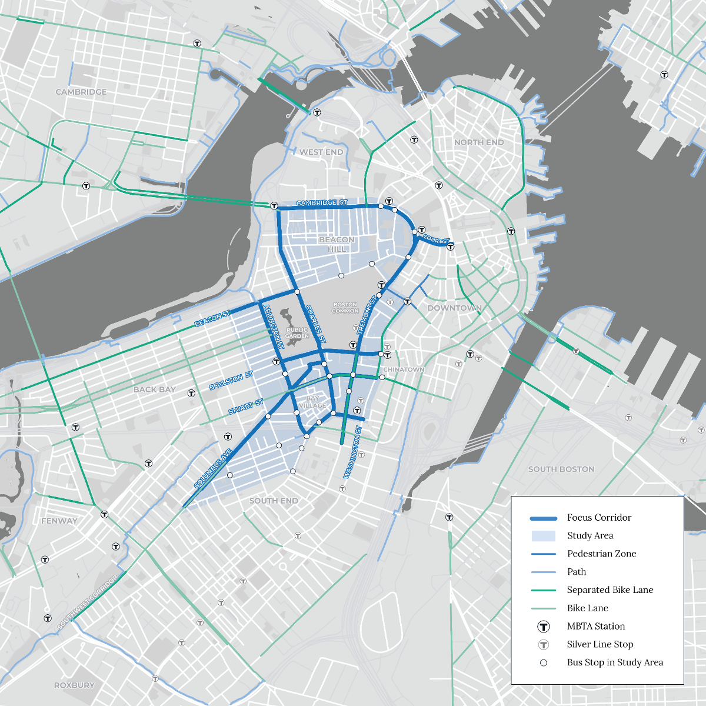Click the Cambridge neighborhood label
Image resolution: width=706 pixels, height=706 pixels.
click(81, 92)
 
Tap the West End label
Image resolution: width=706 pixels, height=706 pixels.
click(321, 152)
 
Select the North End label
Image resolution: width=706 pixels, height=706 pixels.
click(479, 142)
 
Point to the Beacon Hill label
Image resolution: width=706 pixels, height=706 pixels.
click(337, 244)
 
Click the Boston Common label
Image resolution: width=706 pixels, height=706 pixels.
click(345, 308)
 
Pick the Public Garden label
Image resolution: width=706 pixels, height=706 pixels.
click(297, 333)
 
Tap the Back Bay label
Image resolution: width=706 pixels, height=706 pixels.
click(154, 389)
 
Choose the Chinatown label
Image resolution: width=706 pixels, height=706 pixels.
click(404, 369)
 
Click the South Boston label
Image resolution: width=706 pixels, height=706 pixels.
click(561, 469)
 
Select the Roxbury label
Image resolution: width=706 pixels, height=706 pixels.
click(74, 685)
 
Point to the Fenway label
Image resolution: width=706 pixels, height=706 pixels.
click(59, 521)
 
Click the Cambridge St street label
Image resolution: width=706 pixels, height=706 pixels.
click(321, 203)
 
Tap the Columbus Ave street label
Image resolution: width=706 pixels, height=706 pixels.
click(213, 469)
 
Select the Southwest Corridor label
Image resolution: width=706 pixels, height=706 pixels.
click(88, 602)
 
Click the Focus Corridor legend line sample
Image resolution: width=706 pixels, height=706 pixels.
click(543, 518)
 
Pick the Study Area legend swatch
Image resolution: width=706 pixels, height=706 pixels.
click(543, 536)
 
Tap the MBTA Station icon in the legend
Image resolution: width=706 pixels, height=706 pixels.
click(544, 627)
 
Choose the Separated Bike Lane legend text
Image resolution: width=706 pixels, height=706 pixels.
click(610, 590)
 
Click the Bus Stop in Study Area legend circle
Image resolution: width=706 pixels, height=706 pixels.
click(544, 662)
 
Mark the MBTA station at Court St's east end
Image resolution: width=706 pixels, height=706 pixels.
click(451, 247)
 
